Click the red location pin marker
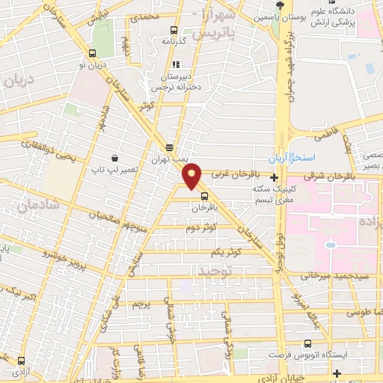pyautogui.click(x=192, y=175)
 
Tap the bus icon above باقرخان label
pyautogui.click(x=203, y=197)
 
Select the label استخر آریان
pyautogui.click(x=294, y=159)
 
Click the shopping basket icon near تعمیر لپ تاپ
pyautogui.click(x=114, y=158)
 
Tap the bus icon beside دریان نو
pyautogui.click(x=92, y=53)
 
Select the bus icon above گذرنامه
pyautogui.click(x=174, y=31)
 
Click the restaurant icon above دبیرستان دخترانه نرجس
pyautogui.click(x=177, y=64)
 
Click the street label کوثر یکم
pyautogui.click(x=226, y=252)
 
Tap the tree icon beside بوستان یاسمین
pyautogui.click(x=280, y=6)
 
